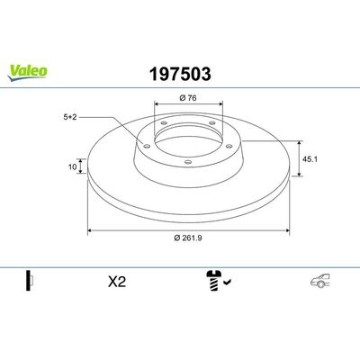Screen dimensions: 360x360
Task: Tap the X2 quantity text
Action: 116,281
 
